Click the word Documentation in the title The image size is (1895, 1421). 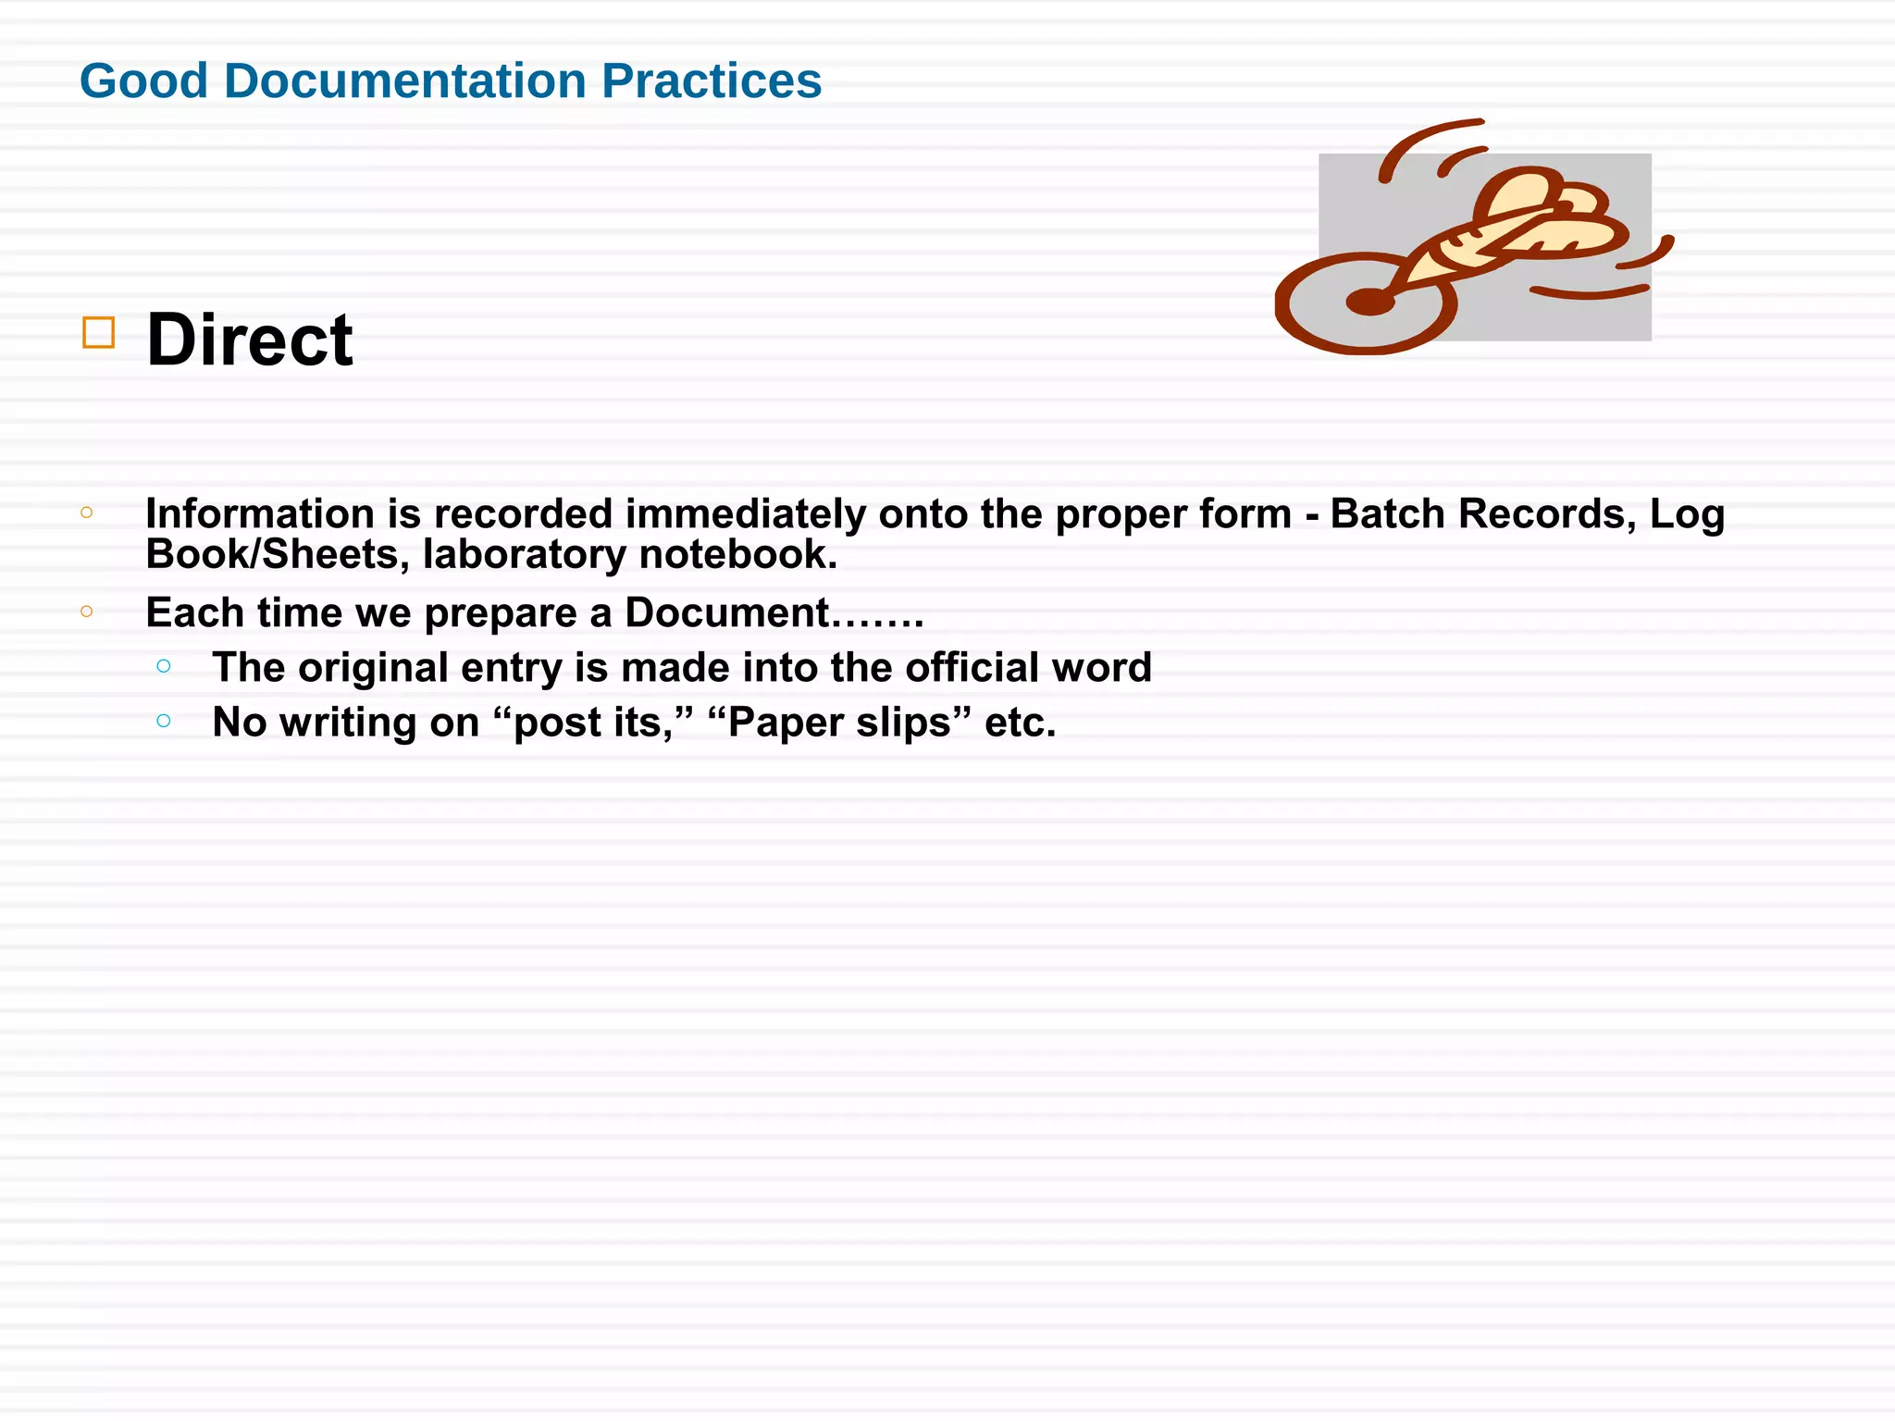404,80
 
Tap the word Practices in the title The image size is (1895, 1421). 711,80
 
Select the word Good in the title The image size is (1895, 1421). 143,80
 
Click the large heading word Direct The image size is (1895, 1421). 249,340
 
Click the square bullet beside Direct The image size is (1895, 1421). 99,332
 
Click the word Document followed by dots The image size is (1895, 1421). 727,612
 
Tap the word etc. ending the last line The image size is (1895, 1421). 1020,723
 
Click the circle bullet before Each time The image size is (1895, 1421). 87,611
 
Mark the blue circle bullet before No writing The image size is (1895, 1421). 164,721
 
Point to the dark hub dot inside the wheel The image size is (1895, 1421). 1369,301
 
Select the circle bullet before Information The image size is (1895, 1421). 87,513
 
